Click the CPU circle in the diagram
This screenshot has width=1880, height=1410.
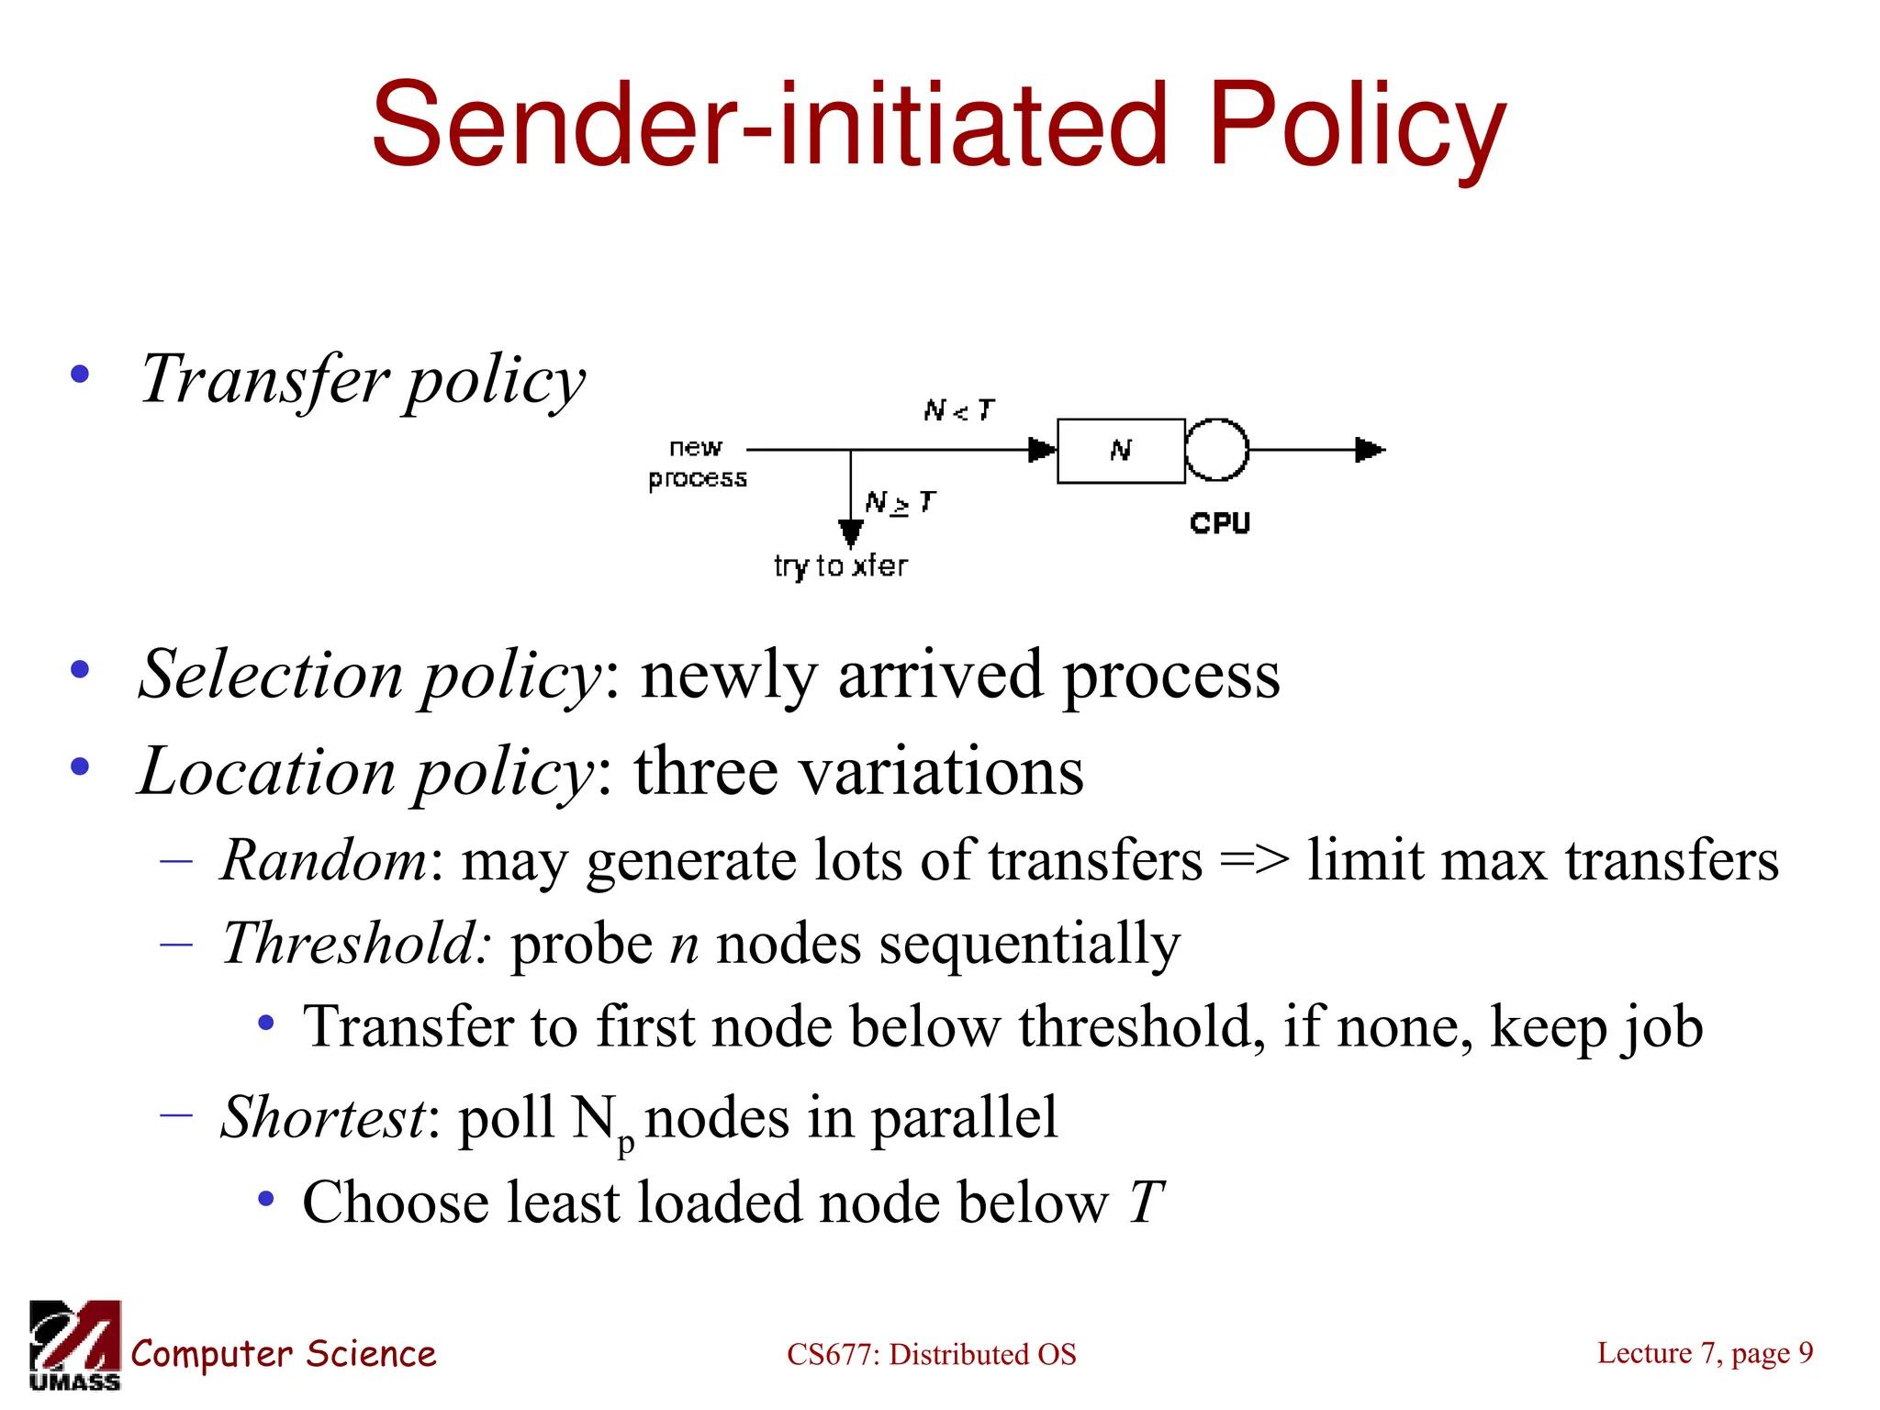tap(1216, 450)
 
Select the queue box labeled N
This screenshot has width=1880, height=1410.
tap(1121, 450)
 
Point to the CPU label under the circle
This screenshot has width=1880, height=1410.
tap(1220, 523)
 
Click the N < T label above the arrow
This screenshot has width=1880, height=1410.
tap(958, 409)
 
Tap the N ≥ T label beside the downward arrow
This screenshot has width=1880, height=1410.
tap(900, 502)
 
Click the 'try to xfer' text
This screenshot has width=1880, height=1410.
tap(840, 565)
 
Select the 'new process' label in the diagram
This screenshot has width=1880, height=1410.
tap(697, 463)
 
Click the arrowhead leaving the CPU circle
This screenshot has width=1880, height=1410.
tap(1370, 450)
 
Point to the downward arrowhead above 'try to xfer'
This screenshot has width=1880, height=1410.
tap(851, 532)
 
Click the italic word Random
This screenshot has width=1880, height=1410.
tap(324, 860)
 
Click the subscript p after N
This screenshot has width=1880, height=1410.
tap(626, 1142)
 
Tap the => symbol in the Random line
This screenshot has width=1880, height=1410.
tap(1254, 860)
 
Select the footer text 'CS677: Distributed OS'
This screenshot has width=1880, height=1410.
tap(931, 1354)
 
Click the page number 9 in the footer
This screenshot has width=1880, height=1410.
tap(1805, 1352)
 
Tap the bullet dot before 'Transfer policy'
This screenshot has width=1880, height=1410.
tap(81, 374)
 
